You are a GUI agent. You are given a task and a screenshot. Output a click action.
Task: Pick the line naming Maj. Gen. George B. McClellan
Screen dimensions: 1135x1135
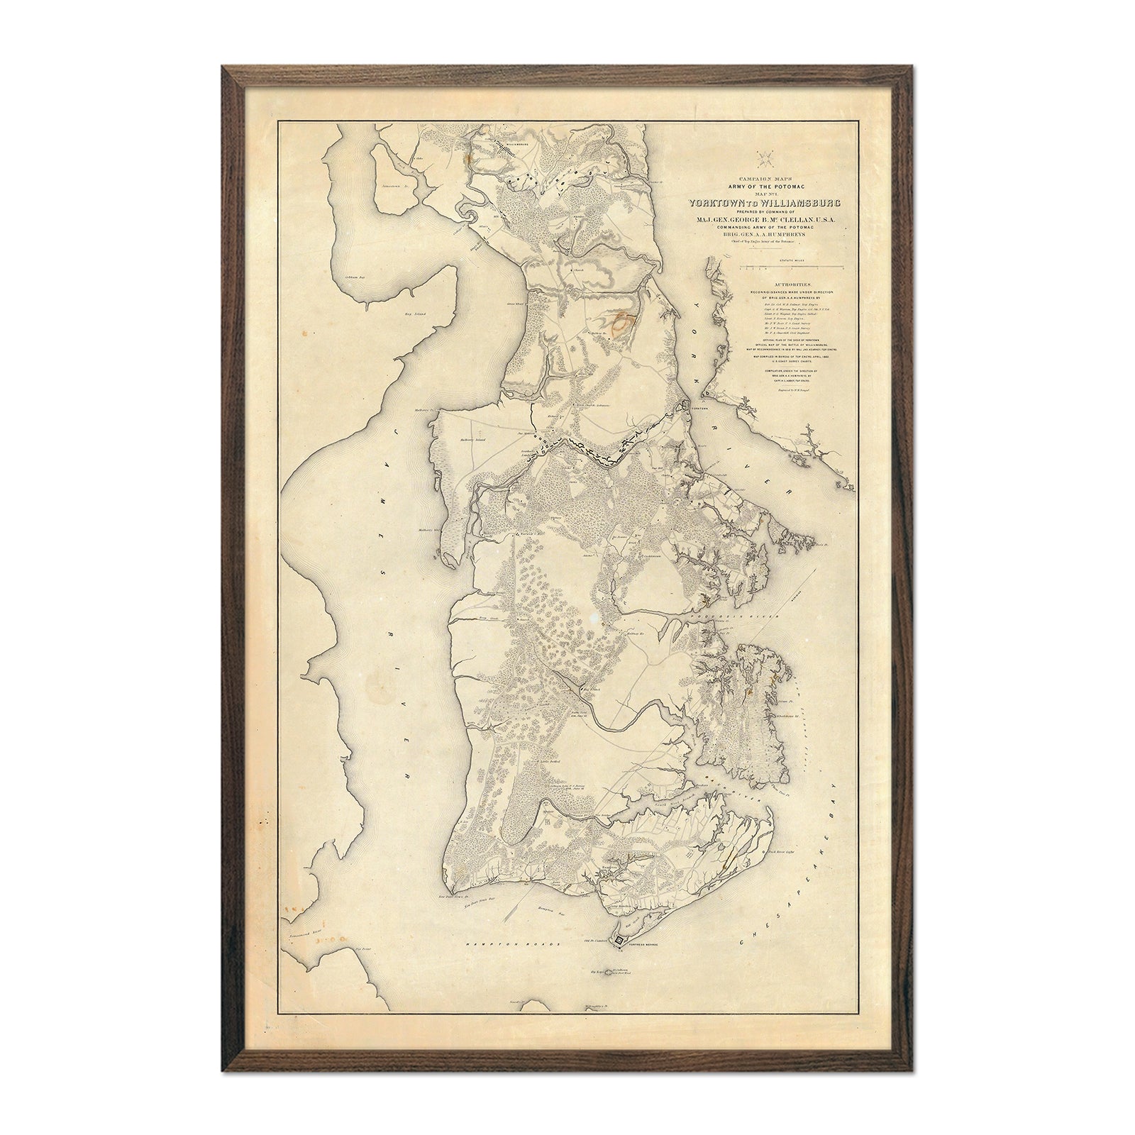(769, 220)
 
